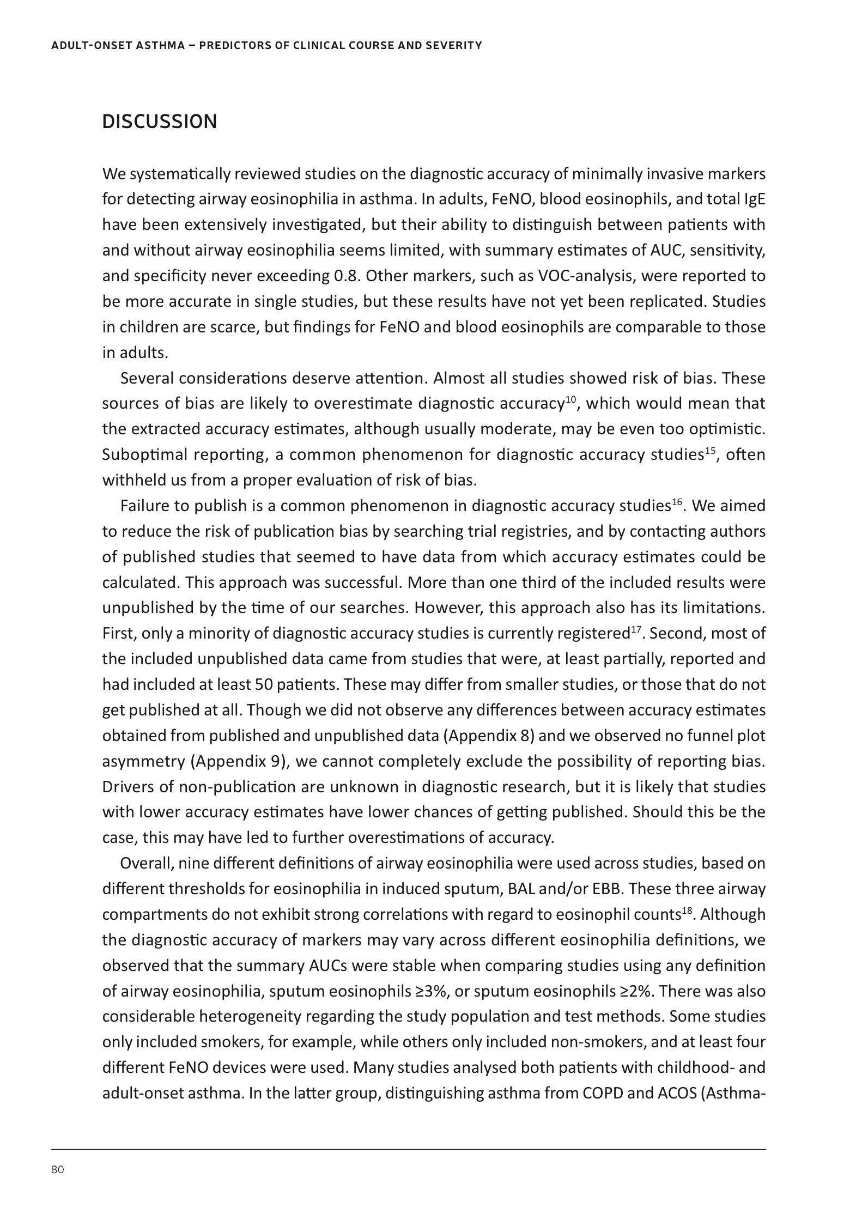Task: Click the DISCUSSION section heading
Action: point(159,122)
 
